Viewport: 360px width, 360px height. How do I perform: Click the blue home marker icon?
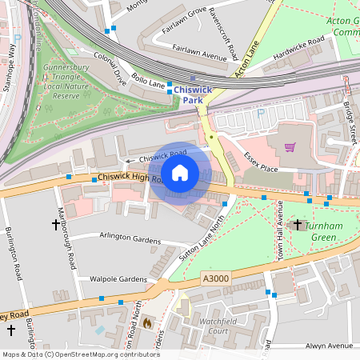[x=180, y=173]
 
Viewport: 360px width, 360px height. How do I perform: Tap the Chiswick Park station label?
[x=193, y=95]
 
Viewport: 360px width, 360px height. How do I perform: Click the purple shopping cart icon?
[x=290, y=146]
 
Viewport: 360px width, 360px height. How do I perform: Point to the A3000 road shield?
[x=214, y=278]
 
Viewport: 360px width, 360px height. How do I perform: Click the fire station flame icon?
[x=146, y=322]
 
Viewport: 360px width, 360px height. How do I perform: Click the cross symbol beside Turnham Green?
[x=298, y=226]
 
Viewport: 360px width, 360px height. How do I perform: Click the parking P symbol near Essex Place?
[x=260, y=113]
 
